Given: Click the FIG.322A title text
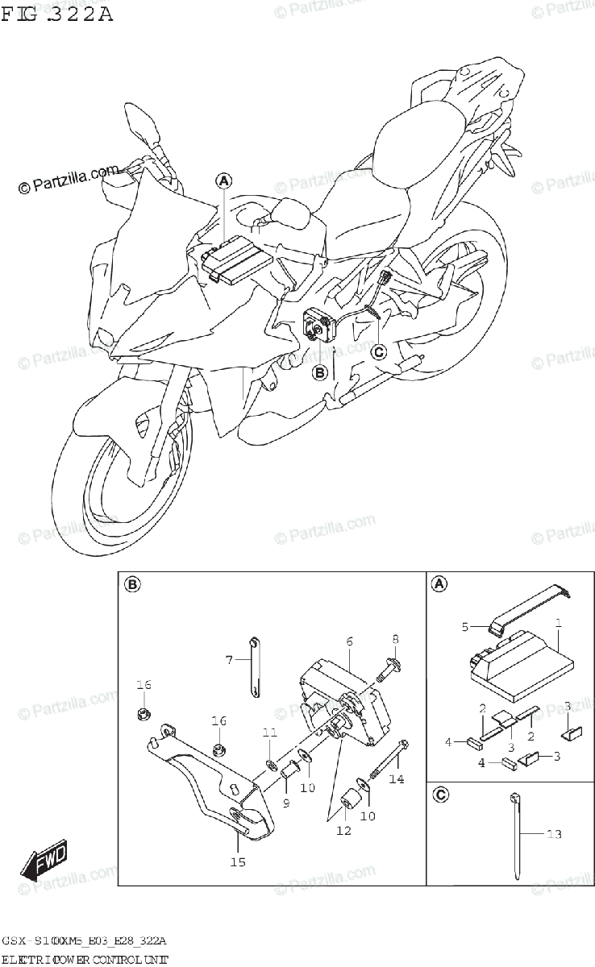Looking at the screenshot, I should click(x=58, y=14).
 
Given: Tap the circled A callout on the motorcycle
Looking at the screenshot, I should click(x=223, y=181).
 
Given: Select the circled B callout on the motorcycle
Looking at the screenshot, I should click(x=320, y=372).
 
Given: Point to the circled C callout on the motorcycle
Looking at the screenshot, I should click(x=379, y=351).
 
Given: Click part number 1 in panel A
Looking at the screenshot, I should click(x=558, y=623).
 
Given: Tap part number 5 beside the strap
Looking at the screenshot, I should click(x=464, y=625).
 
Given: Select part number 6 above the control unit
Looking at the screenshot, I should click(x=350, y=641).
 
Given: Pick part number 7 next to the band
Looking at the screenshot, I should click(x=228, y=660).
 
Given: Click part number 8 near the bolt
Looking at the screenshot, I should click(x=395, y=639).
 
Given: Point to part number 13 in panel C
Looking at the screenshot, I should click(x=554, y=834).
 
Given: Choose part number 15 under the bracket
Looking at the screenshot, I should click(x=237, y=861).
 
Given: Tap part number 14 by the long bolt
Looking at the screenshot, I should click(x=395, y=778).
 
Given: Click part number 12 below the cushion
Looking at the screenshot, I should click(x=344, y=831).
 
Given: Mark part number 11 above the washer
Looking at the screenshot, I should click(x=269, y=732).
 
